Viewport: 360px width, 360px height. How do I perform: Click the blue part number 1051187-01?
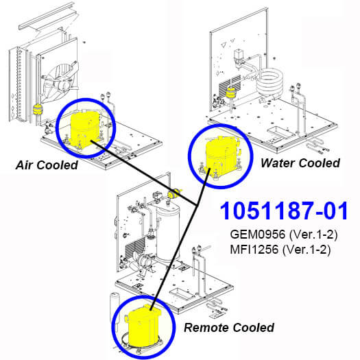tap(284, 211)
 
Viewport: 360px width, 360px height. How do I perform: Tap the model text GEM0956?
tap(257, 235)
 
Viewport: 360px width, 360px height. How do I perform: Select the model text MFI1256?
tap(254, 249)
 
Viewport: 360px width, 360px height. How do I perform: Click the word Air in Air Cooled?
tap(24, 165)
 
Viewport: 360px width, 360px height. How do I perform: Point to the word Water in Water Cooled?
tap(278, 163)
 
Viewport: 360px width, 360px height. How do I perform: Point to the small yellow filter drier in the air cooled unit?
tap(37, 110)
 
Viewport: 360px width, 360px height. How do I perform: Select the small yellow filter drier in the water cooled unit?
tap(230, 94)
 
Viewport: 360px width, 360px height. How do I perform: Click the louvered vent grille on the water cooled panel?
tap(230, 86)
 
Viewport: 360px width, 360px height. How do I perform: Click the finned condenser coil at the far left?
tap(19, 84)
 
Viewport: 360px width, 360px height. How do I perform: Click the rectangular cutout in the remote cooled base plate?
tap(181, 293)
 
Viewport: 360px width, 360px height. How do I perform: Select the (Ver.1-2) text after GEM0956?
tap(313, 235)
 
